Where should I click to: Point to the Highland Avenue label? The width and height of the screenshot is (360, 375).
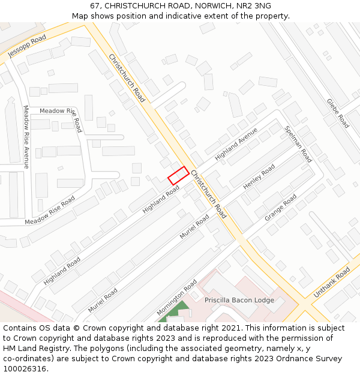point(236,144)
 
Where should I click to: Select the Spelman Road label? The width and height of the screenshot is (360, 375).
point(298,144)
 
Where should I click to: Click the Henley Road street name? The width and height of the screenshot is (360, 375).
point(259,177)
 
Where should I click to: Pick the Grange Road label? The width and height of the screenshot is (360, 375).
point(281,207)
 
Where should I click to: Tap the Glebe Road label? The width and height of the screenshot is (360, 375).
point(338,113)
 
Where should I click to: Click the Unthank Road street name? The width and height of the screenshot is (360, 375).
point(332,282)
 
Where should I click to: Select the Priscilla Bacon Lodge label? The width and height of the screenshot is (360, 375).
point(239,300)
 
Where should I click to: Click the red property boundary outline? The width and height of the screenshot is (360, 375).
point(178,175)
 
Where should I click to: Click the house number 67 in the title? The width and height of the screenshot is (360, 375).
point(95,6)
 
